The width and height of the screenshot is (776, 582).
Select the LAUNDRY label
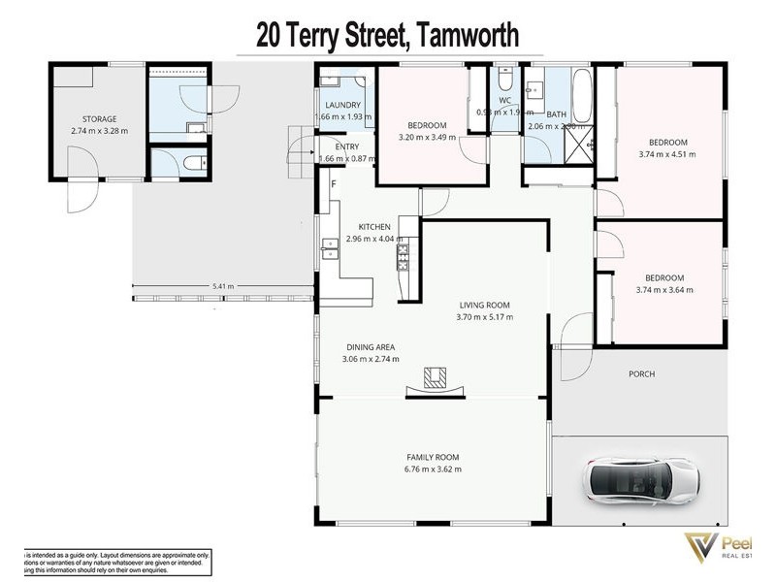click(x=344, y=105)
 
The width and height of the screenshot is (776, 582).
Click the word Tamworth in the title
click(x=466, y=37)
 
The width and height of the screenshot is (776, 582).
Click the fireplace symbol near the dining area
click(x=436, y=379)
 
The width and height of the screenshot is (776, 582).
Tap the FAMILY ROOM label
click(x=433, y=457)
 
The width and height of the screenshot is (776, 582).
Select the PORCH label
click(x=641, y=373)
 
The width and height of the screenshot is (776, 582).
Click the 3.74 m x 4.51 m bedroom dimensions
click(x=666, y=153)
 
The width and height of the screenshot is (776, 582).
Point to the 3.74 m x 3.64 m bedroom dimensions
click(x=666, y=289)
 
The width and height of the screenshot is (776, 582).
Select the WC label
click(x=504, y=100)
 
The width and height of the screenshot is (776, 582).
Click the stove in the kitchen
click(x=402, y=256)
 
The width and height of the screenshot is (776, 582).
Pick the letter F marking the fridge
click(x=334, y=184)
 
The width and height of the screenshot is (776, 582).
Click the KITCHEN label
click(x=373, y=227)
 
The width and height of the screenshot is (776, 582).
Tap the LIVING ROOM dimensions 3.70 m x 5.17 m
click(x=486, y=317)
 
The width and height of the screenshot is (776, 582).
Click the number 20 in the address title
click(x=274, y=37)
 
